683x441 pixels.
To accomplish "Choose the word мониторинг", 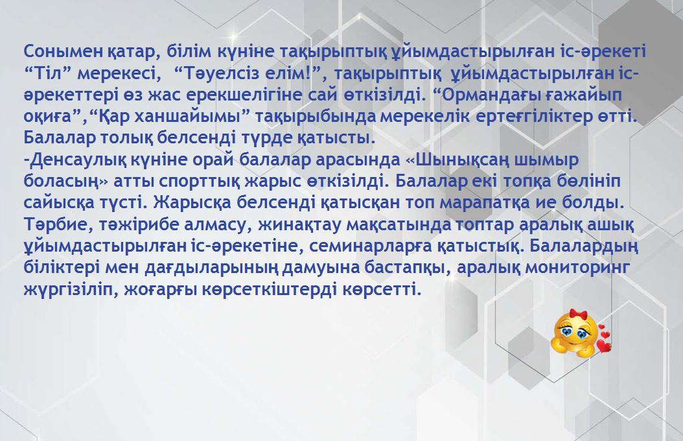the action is (x=577, y=267).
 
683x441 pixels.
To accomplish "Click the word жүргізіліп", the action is (x=71, y=289).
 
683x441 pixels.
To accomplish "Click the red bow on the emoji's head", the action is (x=579, y=314).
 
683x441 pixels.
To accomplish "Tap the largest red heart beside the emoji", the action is (x=604, y=346).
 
